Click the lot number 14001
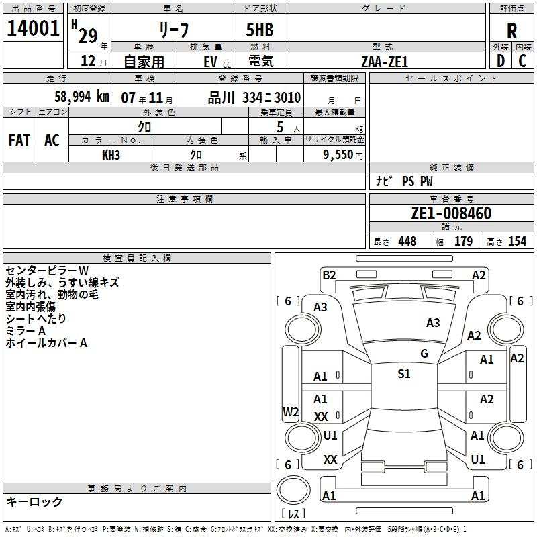pyautogui.click(x=33, y=28)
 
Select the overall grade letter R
pyautogui.click(x=511, y=31)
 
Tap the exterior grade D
pyautogui.click(x=501, y=61)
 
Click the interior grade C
pyautogui.click(x=522, y=61)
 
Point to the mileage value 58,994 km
pyautogui.click(x=82, y=97)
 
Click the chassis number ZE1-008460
pyautogui.click(x=451, y=213)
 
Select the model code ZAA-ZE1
pyautogui.click(x=385, y=62)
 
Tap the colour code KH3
pyautogui.click(x=111, y=155)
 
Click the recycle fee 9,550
pyautogui.click(x=338, y=155)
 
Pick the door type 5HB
pyautogui.click(x=260, y=30)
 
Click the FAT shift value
pyautogui.click(x=19, y=140)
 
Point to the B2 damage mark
pyautogui.click(x=329, y=275)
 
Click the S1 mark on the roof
pyautogui.click(x=404, y=373)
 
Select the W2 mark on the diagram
pyautogui.click(x=291, y=411)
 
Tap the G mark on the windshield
pyautogui.click(x=424, y=354)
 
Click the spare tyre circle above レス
pyautogui.click(x=293, y=490)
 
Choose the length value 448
pyautogui.click(x=407, y=241)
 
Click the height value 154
pyautogui.click(x=517, y=241)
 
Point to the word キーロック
pyautogui.click(x=34, y=501)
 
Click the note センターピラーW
pyautogui.click(x=47, y=271)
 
